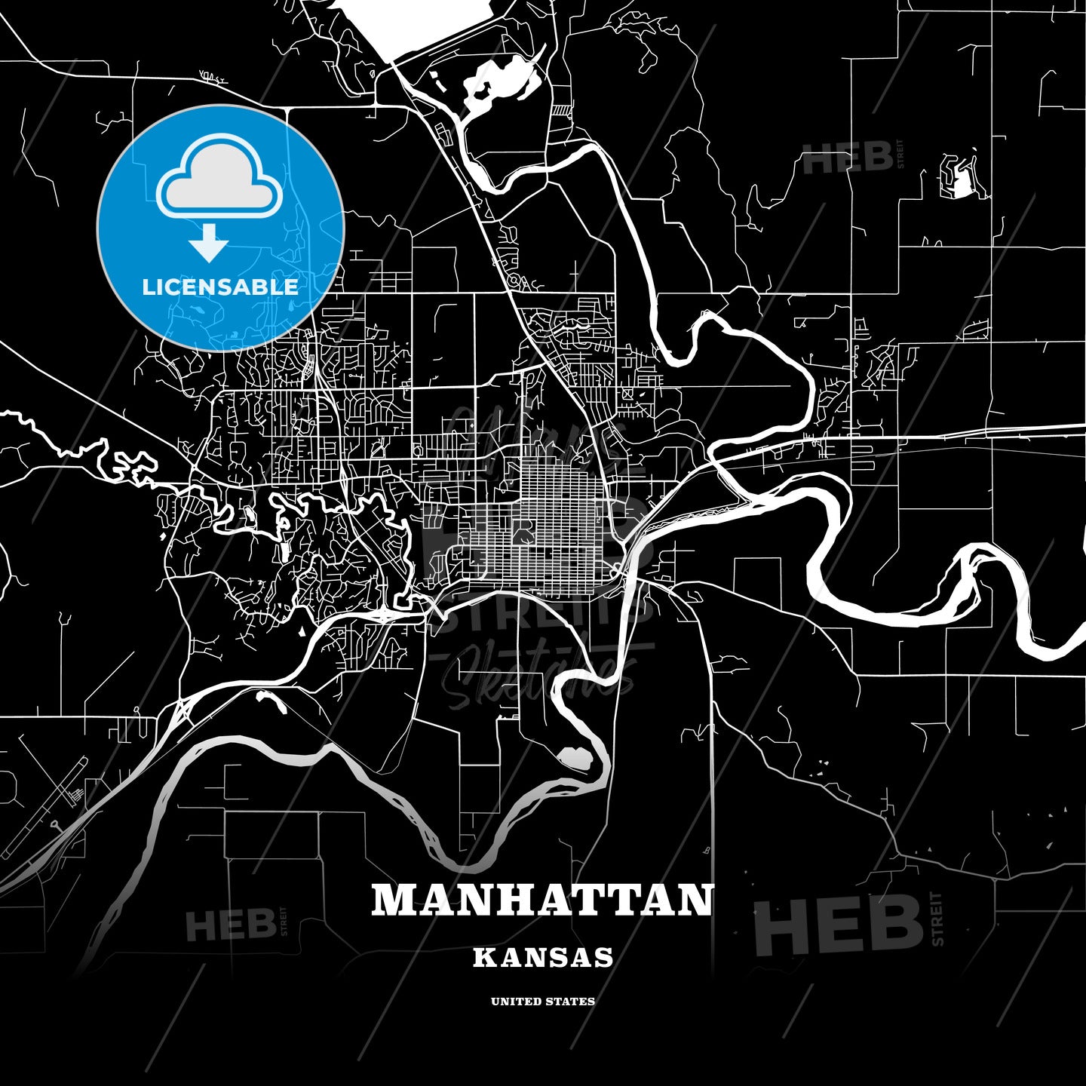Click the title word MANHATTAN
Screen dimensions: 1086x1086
pyautogui.click(x=542, y=900)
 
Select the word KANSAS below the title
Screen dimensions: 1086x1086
pyautogui.click(x=543, y=958)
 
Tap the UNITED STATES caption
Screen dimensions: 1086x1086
pyautogui.click(x=543, y=1002)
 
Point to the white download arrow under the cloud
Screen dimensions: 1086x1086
pyautogui.click(x=209, y=241)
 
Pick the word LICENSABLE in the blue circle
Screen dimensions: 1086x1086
pyautogui.click(x=220, y=287)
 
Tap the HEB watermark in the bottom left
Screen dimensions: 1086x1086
pyautogui.click(x=231, y=925)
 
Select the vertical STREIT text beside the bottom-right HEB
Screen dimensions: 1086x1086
pyautogui.click(x=937, y=919)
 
